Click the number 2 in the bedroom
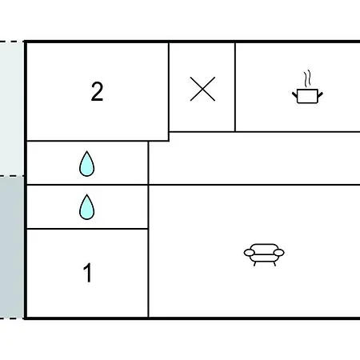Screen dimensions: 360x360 coord(97,91)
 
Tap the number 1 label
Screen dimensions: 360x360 coord(88,272)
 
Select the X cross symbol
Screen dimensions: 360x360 coord(202,89)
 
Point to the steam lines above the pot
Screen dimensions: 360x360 coord(307,78)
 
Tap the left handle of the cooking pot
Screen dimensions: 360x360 coord(294,94)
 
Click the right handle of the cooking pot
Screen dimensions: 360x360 coord(320,94)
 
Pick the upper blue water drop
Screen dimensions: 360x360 coord(87,164)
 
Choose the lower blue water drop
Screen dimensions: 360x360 coord(87,207)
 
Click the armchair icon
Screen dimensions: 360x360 coord(264,254)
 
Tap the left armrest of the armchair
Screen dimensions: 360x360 coord(250,252)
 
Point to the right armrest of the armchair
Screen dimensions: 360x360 coord(279,252)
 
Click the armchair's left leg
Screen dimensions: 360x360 coord(254,264)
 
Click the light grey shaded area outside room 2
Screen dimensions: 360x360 coord(12,109)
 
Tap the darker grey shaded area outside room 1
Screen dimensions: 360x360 coord(12,247)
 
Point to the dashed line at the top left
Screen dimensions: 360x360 coord(12,42)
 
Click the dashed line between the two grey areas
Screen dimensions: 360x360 coord(12,176)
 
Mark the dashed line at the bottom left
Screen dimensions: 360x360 coord(12,318)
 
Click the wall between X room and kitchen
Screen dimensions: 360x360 coord(235,87)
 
